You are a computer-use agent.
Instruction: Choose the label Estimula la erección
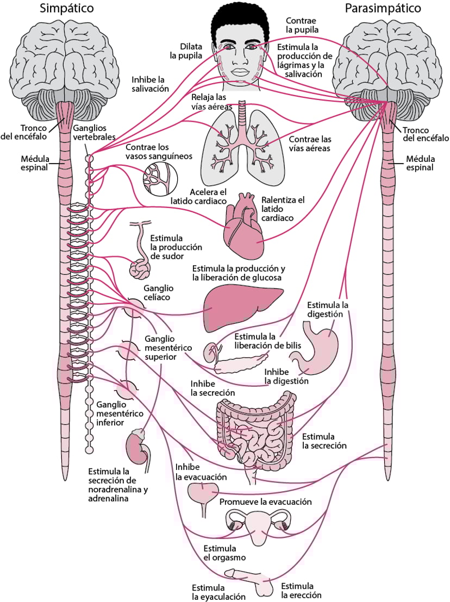pyautogui.click(x=297, y=590)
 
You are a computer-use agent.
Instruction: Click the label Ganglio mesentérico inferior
pyautogui.click(x=120, y=413)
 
